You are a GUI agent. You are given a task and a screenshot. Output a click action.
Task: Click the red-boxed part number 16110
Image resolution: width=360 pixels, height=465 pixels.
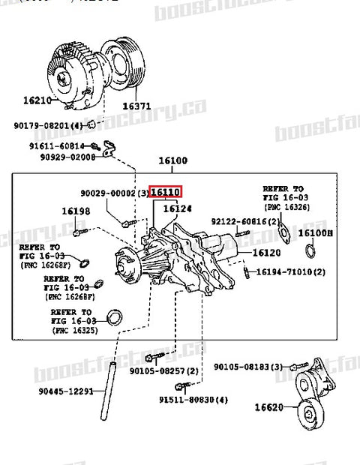coord(166,192)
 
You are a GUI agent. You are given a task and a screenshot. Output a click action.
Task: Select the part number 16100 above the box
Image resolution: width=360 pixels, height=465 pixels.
coord(172,160)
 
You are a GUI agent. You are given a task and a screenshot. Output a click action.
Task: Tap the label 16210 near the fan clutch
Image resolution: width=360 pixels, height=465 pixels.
coord(37,100)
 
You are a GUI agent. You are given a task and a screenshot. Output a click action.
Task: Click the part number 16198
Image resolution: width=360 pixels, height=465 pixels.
coord(76,211)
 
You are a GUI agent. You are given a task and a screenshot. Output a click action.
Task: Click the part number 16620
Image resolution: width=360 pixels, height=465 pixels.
coord(269,407)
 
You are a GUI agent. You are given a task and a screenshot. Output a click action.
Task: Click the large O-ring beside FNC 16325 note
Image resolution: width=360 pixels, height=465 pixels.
coord(115,318)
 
